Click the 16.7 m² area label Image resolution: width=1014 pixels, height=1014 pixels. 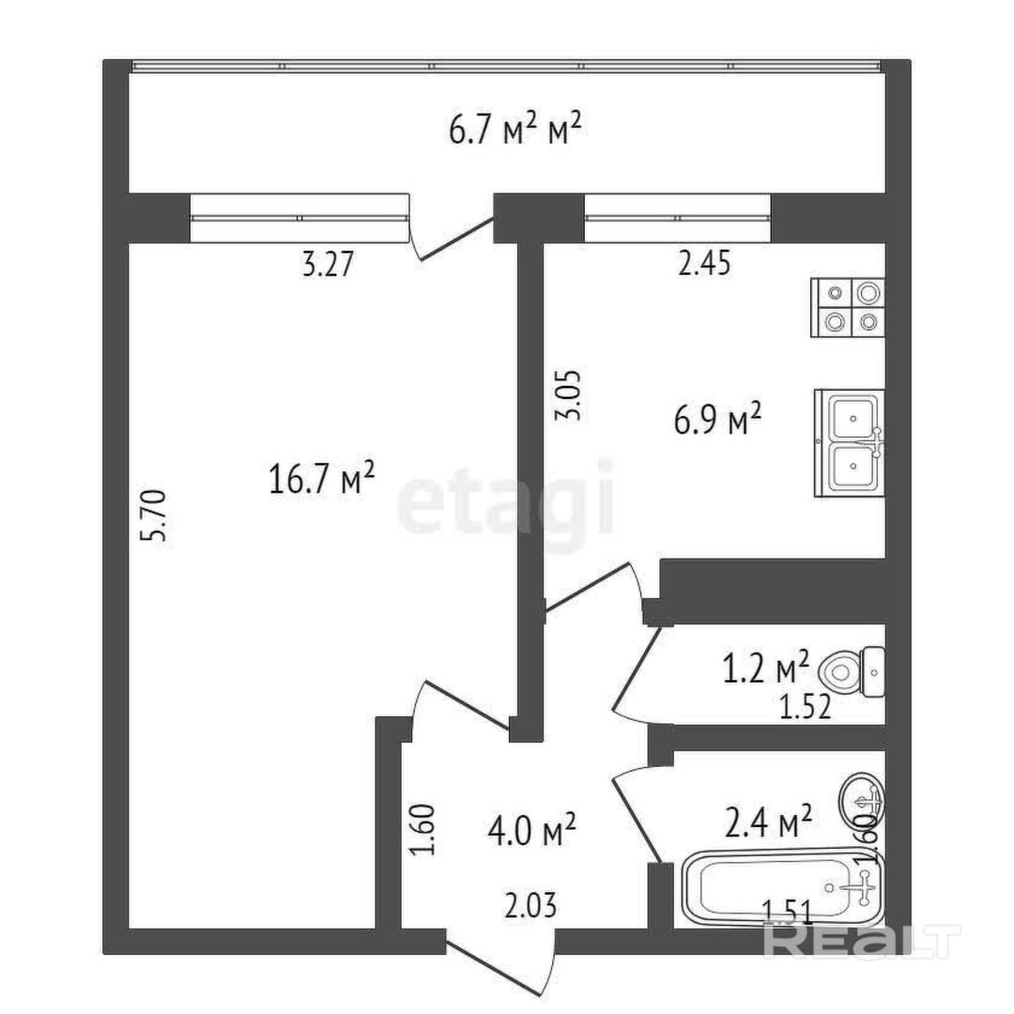tap(321, 478)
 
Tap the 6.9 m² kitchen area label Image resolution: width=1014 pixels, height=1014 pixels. tap(717, 419)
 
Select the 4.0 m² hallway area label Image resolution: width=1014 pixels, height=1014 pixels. tap(531, 830)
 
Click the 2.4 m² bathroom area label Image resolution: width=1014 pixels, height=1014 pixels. tap(768, 821)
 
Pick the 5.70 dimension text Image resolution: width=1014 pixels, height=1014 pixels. tap(156, 515)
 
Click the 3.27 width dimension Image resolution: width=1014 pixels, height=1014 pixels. tap(329, 265)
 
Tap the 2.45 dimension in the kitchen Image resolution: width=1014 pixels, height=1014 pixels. tap(704, 263)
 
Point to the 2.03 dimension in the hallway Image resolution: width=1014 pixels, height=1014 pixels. tap(530, 905)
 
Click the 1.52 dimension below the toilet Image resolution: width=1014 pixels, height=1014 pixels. tap(805, 708)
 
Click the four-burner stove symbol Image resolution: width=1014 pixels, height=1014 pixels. tap(848, 308)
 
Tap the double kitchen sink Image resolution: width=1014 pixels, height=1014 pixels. tap(849, 443)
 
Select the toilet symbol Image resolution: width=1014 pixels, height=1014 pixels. tap(852, 672)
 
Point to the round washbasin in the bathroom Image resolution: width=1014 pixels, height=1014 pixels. tap(861, 799)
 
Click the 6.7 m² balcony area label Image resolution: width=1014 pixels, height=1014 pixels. tap(515, 129)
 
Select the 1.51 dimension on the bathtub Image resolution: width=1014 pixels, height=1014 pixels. tap(787, 912)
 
